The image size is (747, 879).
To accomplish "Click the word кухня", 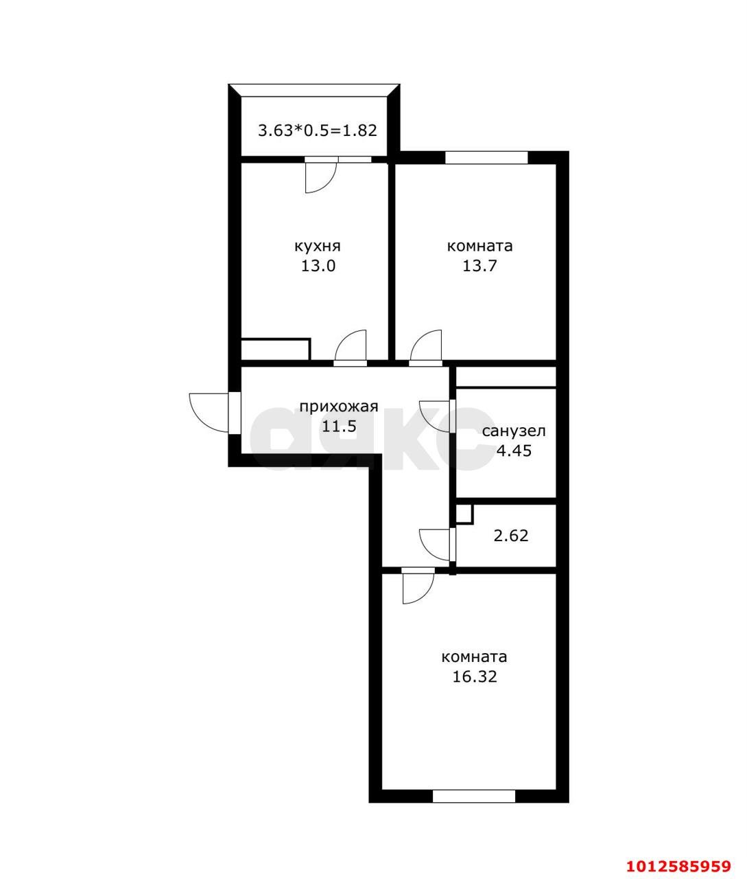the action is tap(318, 247).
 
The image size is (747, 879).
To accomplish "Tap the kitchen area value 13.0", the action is tap(318, 266).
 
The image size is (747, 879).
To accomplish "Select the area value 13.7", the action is tap(479, 266).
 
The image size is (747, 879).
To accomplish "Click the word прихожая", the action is tap(338, 407).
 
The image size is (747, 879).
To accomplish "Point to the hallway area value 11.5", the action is tap(338, 426).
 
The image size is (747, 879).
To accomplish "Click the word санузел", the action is tap(514, 432).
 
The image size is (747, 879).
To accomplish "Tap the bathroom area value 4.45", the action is tap(514, 450).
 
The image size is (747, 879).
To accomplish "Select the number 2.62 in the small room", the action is tap(511, 536).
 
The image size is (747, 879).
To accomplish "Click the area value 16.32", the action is tap(475, 676).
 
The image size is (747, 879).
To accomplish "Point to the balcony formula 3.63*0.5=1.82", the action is tap(318, 130).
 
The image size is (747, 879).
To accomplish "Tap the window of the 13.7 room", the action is tap(486, 157).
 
